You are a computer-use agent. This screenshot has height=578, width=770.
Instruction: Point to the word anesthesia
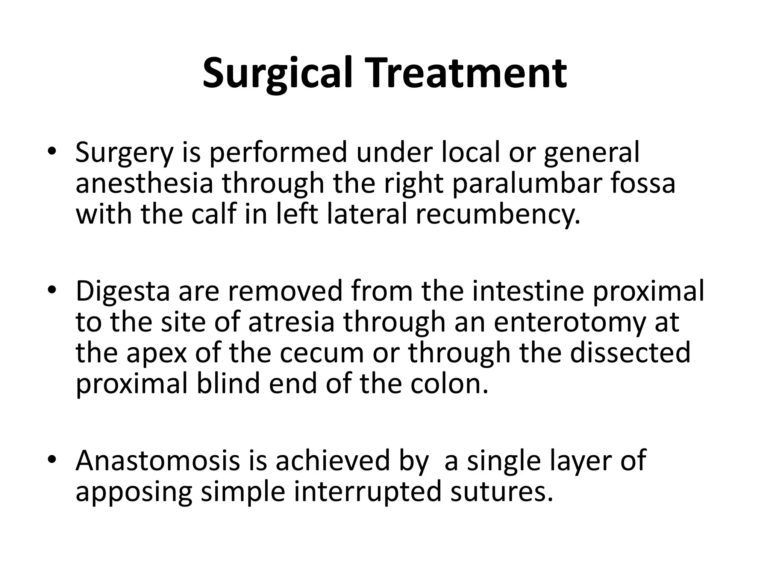pos(144,183)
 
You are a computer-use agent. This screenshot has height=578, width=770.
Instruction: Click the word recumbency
pos(498,213)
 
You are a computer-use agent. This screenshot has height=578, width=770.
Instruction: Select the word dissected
pos(630,353)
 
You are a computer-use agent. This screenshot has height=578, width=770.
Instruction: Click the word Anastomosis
pos(158,461)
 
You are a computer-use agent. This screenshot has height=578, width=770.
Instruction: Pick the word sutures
pos(502,491)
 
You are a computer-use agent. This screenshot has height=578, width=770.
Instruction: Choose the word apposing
pos(134,492)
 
